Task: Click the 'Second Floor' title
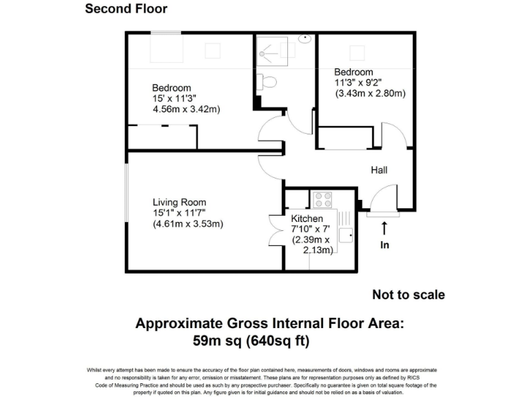pyautogui.click(x=126, y=9)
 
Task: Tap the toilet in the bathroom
pyautogui.click(x=269, y=82)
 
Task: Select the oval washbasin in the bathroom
pyautogui.click(x=304, y=39)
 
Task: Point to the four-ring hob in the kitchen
pyautogui.click(x=322, y=199)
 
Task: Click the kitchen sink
pyautogui.click(x=345, y=235)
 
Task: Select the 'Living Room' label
pyautogui.click(x=179, y=202)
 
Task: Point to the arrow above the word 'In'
pyautogui.click(x=384, y=227)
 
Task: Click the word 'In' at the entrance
pyautogui.click(x=384, y=245)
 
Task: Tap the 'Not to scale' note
pyautogui.click(x=408, y=295)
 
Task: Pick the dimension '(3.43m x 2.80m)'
pyautogui.click(x=370, y=93)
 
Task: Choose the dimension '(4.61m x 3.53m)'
pyautogui.click(x=188, y=224)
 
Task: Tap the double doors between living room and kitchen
pyautogui.click(x=273, y=228)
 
